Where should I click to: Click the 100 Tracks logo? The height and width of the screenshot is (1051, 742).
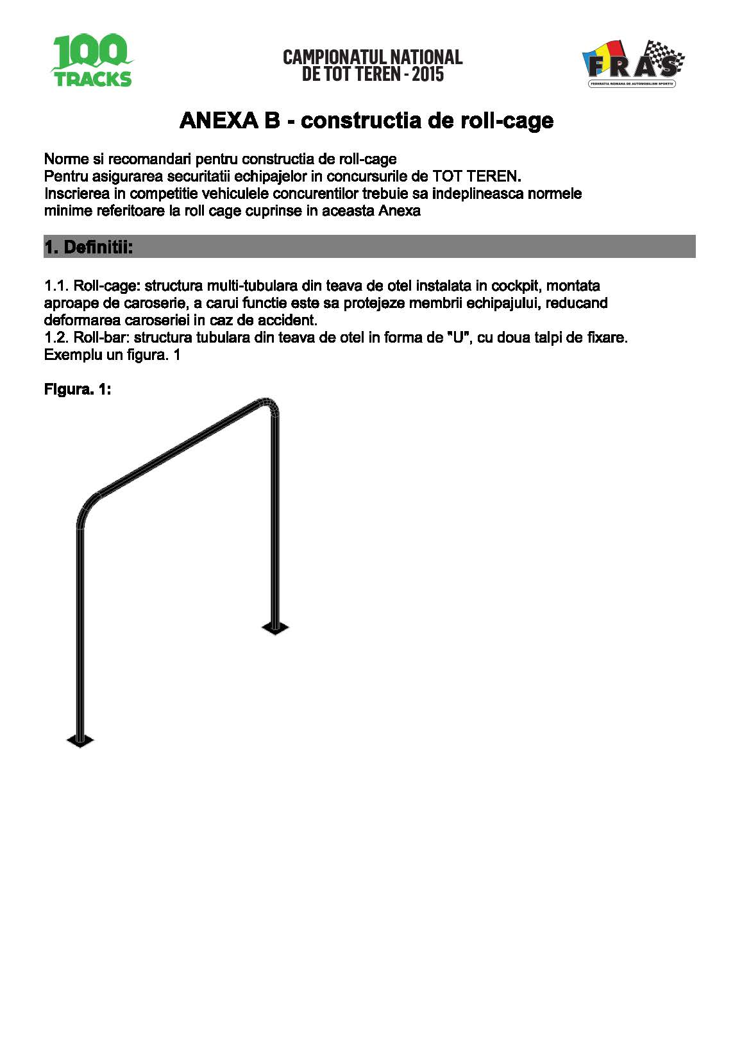click(92, 61)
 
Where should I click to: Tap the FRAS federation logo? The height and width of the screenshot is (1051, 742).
click(632, 64)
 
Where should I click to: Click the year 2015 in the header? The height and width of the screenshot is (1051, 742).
click(428, 74)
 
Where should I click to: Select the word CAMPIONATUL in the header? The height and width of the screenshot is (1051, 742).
click(335, 57)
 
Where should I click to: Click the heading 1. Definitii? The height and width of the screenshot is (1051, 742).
click(89, 247)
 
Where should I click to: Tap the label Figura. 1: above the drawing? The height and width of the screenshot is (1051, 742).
click(77, 389)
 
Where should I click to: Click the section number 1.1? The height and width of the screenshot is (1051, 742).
click(56, 286)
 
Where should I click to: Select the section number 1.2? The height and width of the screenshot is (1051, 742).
click(56, 338)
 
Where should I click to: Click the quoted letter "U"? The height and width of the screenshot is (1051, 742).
click(458, 338)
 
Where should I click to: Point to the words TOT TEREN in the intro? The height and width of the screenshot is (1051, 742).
click(475, 176)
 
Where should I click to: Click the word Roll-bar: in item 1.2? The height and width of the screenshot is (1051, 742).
click(101, 338)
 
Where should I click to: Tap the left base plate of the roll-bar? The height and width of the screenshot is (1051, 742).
click(80, 740)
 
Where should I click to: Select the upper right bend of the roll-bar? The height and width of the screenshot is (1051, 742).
click(270, 406)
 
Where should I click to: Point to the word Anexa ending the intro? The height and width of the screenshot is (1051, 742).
click(400, 211)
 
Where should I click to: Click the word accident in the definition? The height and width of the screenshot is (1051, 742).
click(287, 320)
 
